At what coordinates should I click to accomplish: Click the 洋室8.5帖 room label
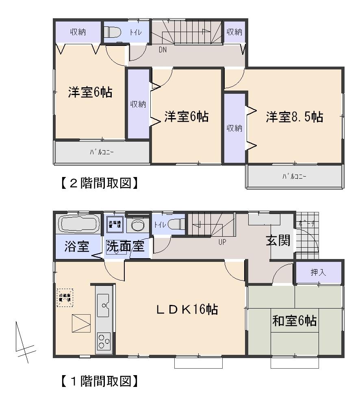click(295, 117)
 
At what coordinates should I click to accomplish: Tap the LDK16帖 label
click(187, 310)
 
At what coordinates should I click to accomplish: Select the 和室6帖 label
click(295, 321)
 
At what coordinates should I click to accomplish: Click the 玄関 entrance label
click(279, 240)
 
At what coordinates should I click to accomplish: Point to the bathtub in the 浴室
click(79, 224)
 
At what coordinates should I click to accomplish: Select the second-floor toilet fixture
click(112, 32)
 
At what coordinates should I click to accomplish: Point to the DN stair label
click(162, 50)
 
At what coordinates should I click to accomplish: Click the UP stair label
click(222, 242)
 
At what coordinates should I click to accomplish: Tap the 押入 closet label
click(319, 272)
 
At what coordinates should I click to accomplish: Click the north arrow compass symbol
click(24, 343)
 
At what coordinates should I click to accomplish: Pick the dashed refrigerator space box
click(65, 297)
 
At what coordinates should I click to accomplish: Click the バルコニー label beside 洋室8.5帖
click(295, 177)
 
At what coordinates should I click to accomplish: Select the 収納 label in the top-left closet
click(78, 32)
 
